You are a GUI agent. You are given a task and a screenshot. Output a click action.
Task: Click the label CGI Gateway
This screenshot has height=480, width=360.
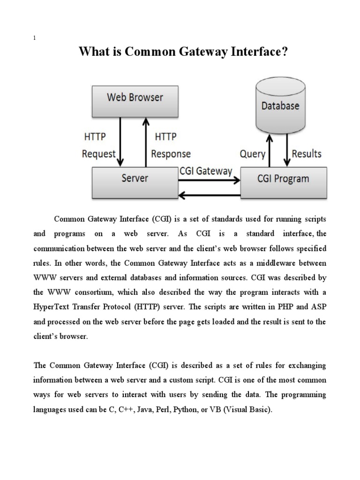coord(206,171)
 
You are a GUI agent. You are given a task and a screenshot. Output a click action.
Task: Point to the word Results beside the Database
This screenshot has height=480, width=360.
coord(307,154)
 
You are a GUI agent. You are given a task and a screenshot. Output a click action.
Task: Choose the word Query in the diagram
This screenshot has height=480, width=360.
coord(252,154)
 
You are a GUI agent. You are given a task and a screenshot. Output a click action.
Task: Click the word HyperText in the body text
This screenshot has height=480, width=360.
coord(54,307)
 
